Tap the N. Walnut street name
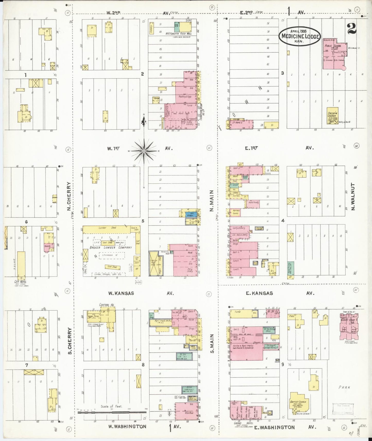[x=353, y=197]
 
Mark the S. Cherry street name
[x=69, y=340]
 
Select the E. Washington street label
[x=274, y=427]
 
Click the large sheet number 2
[x=352, y=29]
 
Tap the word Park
[x=344, y=387]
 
